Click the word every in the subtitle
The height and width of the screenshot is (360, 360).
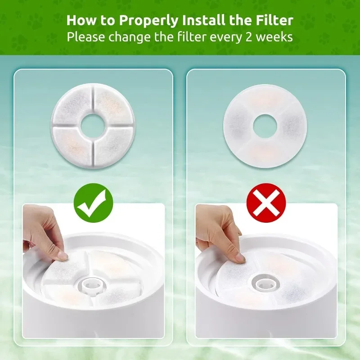(x=231, y=37)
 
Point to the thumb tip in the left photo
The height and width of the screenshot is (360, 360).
(x=62, y=256)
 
